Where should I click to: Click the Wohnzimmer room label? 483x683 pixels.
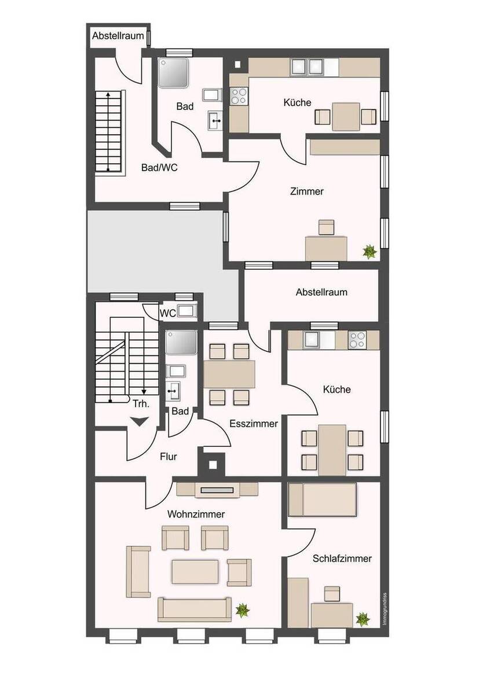coord(196,514)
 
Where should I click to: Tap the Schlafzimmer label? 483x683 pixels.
coord(342,559)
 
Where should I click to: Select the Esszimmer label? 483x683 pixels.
coord(254,423)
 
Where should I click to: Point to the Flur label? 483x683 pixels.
coord(168,457)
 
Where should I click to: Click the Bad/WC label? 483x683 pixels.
coord(159,168)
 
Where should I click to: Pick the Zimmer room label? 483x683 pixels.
coord(306,192)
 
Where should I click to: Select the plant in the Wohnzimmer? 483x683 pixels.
coord(242,609)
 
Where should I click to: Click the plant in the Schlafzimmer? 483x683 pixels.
coord(363,619)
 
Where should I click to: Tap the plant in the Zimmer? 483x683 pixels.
coord(369,252)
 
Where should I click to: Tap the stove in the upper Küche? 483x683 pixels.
coord(239,95)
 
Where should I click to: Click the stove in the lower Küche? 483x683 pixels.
coord(357,340)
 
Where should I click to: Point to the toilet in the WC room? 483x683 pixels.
coord(186,311)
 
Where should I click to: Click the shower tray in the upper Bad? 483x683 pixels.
coord(174,72)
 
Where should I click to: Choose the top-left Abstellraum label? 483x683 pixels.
coord(118,36)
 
